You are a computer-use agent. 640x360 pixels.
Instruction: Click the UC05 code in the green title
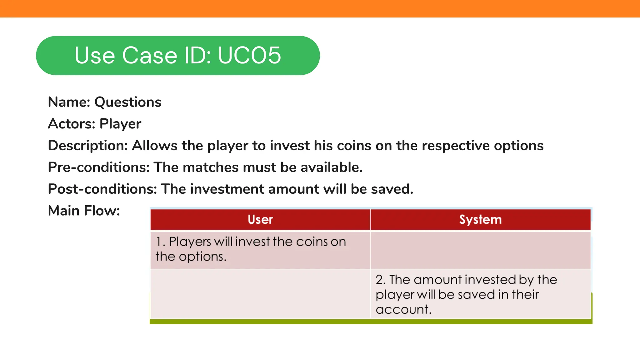249,55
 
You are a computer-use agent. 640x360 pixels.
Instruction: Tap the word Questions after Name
128,102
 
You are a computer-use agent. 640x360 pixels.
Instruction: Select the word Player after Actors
120,124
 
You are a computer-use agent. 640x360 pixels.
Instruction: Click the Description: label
88,146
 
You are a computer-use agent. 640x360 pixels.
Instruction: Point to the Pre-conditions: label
99,167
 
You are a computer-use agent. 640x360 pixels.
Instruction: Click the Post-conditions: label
102,189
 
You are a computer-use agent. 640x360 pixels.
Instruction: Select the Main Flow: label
84,211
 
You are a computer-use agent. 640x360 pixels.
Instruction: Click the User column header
260,219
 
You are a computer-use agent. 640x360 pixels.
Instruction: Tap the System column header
480,219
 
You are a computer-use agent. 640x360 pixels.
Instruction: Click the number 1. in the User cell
160,242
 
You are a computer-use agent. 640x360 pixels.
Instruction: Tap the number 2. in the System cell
381,280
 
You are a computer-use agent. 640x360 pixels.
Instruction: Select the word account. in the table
403,309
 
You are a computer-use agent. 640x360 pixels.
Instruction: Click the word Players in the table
190,242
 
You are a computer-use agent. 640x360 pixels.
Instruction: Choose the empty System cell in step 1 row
480,250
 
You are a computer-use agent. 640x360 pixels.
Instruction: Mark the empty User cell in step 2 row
260,294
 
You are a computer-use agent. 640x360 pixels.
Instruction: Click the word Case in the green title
150,55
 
